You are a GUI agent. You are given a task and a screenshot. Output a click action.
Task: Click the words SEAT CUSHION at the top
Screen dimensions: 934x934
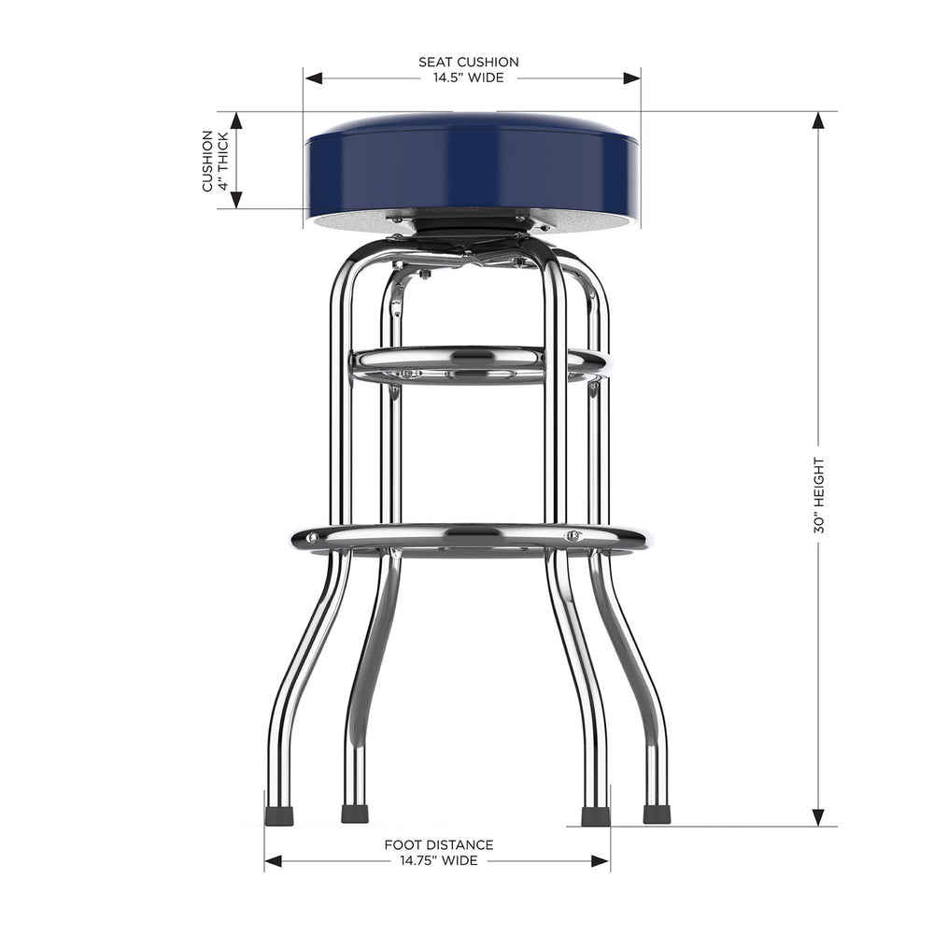point(468,62)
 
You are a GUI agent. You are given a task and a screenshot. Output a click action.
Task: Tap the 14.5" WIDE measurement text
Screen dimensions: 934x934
point(468,78)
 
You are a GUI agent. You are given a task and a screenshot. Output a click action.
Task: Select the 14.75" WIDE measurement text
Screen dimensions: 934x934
point(438,860)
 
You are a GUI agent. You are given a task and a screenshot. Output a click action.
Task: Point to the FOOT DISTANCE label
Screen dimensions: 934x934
point(438,844)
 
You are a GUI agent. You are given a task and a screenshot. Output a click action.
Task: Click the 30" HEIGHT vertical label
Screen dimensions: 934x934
point(819,495)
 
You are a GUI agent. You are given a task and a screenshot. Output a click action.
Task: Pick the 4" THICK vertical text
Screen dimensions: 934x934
point(222,161)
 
